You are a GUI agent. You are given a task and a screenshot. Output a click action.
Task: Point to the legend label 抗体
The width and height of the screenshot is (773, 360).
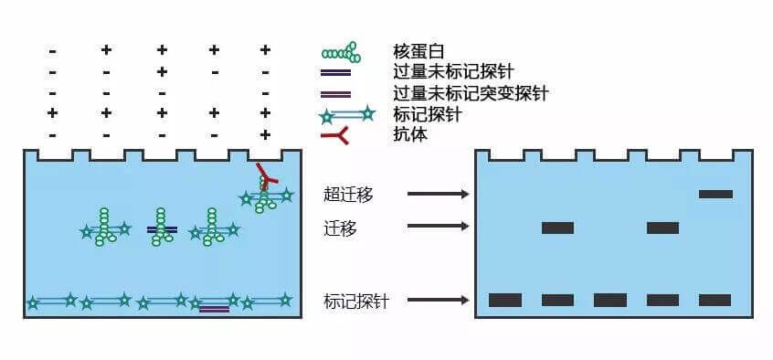[410, 134]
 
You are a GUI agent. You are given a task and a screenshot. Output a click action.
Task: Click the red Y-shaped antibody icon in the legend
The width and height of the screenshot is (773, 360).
[336, 134]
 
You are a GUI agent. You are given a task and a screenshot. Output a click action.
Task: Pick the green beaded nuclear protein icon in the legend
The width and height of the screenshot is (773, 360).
[341, 52]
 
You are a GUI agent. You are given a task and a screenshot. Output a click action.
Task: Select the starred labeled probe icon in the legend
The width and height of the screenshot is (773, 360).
[348, 114]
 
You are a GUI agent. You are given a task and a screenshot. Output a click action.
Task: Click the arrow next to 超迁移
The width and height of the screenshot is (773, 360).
[438, 194]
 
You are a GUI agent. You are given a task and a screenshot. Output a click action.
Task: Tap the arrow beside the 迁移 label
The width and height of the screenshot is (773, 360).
[438, 227]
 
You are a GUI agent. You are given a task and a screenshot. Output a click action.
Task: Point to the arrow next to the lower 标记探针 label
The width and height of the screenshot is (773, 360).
[438, 300]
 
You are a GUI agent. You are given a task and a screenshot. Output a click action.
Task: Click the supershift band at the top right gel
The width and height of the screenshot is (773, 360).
[715, 194]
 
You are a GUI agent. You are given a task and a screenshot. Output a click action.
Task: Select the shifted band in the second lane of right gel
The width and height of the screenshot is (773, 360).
[557, 228]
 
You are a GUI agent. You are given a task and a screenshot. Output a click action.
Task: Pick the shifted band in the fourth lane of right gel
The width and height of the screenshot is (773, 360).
[662, 228]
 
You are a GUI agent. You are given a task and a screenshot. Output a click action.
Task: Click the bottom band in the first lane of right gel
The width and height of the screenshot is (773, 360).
[505, 300]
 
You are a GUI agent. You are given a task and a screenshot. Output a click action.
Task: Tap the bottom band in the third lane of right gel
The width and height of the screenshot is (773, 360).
[610, 300]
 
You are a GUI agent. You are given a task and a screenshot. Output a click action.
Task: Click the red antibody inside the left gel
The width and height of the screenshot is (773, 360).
[264, 173]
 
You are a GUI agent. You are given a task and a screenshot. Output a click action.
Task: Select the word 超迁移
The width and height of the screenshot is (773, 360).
[348, 194]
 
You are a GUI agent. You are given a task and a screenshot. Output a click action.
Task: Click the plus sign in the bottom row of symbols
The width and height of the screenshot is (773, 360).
[265, 134]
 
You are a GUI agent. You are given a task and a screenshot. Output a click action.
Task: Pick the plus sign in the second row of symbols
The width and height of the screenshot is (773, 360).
[161, 71]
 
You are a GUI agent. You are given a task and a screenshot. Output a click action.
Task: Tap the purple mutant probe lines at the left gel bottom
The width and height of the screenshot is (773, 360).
[214, 309]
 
